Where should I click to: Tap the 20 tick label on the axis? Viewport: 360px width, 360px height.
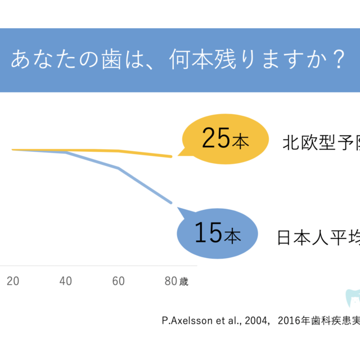(12, 281)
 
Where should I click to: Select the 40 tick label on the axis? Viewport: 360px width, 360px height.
(65, 281)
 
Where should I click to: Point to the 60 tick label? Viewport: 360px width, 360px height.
(118, 281)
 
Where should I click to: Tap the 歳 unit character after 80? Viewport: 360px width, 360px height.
(184, 282)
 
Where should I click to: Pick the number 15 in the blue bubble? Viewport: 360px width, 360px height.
(208, 232)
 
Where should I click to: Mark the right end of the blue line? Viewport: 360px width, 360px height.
(171, 202)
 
